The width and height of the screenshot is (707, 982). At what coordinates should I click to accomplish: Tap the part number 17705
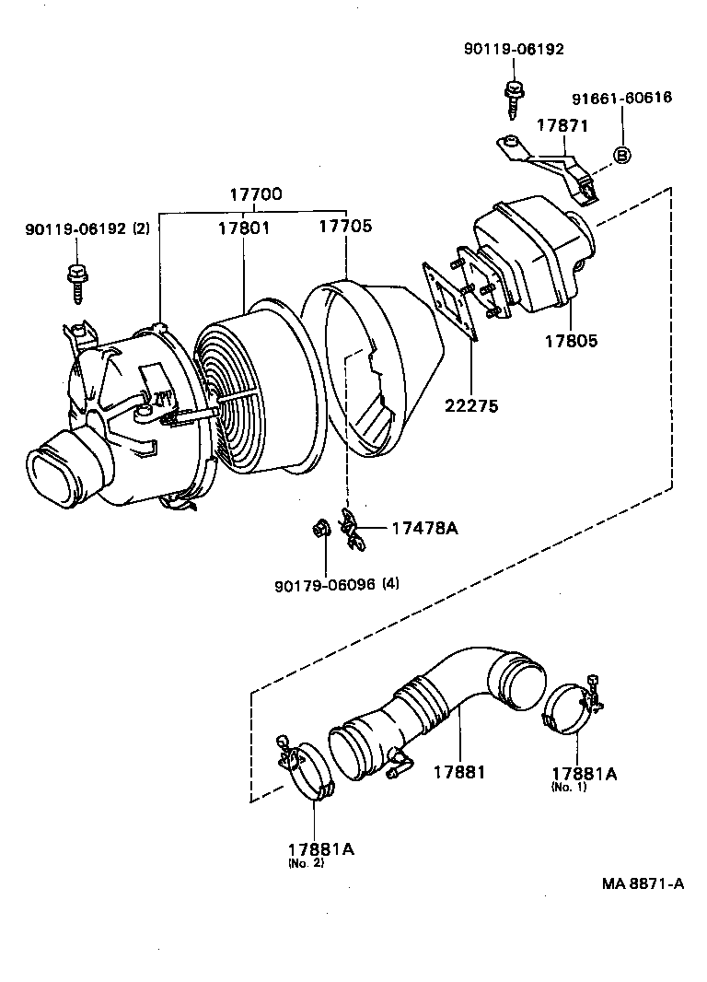pos(345,227)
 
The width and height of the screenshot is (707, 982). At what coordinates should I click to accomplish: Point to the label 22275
pos(471,404)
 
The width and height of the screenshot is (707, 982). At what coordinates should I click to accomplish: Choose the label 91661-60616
pos(621,99)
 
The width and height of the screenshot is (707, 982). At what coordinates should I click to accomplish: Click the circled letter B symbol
pos(621,155)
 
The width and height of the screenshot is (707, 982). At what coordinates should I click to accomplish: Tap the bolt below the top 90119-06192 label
pos(513,95)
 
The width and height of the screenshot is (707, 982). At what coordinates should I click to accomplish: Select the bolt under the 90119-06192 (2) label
pos(75,280)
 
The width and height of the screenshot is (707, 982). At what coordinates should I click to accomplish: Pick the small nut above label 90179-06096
pos(321,529)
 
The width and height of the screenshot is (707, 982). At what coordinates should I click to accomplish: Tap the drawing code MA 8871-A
pos(643,883)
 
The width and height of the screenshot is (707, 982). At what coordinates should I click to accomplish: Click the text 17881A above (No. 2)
pos(319,848)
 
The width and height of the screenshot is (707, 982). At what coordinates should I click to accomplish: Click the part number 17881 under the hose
pos(458,772)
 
